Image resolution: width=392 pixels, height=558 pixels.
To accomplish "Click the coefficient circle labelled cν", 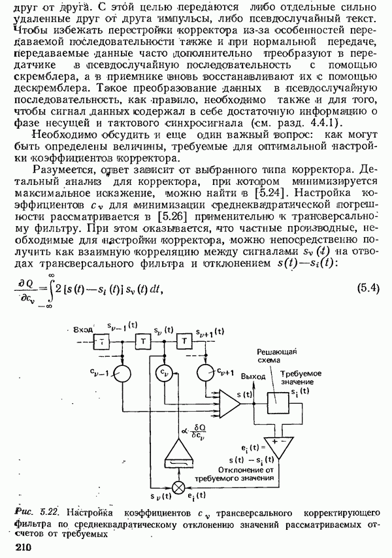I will click(x=162, y=372).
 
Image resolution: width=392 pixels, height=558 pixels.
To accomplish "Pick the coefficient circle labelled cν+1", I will click(x=207, y=372).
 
